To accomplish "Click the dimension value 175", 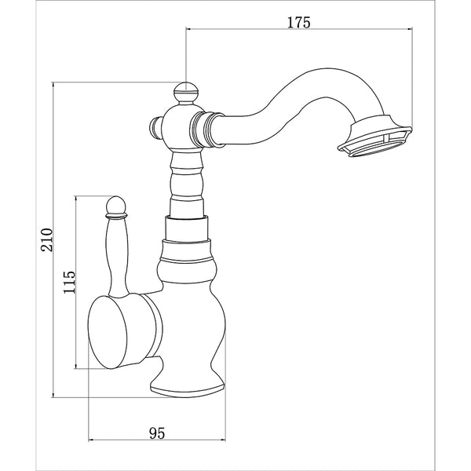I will (299, 23).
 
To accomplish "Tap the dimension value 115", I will (69, 281).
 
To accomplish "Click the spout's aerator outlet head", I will (376, 138).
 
